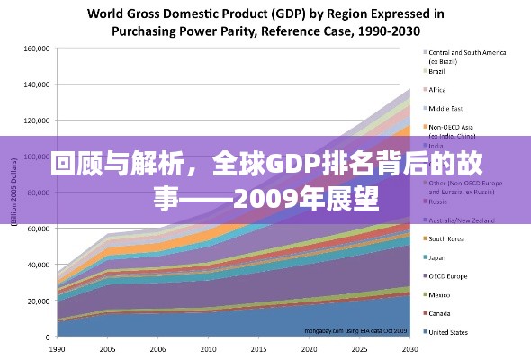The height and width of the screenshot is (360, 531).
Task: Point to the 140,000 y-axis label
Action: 36,85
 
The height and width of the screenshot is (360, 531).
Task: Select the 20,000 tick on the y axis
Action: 38,301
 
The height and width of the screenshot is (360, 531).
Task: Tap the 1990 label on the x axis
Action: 57,348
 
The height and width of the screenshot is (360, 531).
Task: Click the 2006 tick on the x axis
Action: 157,348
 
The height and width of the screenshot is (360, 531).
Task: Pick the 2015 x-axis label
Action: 258,348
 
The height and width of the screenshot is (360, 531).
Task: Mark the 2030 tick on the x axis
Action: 409,348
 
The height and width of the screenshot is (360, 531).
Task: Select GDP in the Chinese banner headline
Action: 290,165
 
